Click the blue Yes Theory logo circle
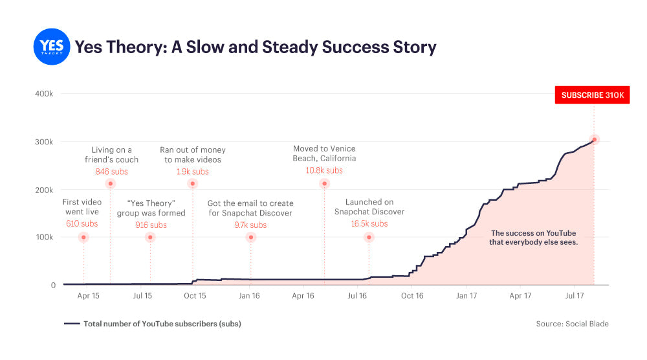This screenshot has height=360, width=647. (x=51, y=47)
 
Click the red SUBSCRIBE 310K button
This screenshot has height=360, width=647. (x=592, y=95)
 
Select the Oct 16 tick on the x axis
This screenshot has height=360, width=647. (x=412, y=296)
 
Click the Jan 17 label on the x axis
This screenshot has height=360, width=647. (x=466, y=296)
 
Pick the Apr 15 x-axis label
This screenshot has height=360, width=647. (x=89, y=296)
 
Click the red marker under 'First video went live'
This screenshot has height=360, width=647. (x=83, y=237)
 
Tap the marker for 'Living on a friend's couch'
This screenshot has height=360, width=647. (x=110, y=184)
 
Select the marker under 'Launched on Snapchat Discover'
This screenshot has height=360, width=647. (x=369, y=237)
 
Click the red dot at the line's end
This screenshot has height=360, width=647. (x=594, y=139)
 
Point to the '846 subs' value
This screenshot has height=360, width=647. (x=111, y=172)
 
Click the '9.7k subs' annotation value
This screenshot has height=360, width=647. (x=250, y=225)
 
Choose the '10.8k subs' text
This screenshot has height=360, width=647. (x=324, y=170)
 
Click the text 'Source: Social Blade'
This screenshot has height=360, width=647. (x=572, y=324)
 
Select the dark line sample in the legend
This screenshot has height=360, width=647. (x=71, y=324)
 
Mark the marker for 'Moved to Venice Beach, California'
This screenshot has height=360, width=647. (x=324, y=184)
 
